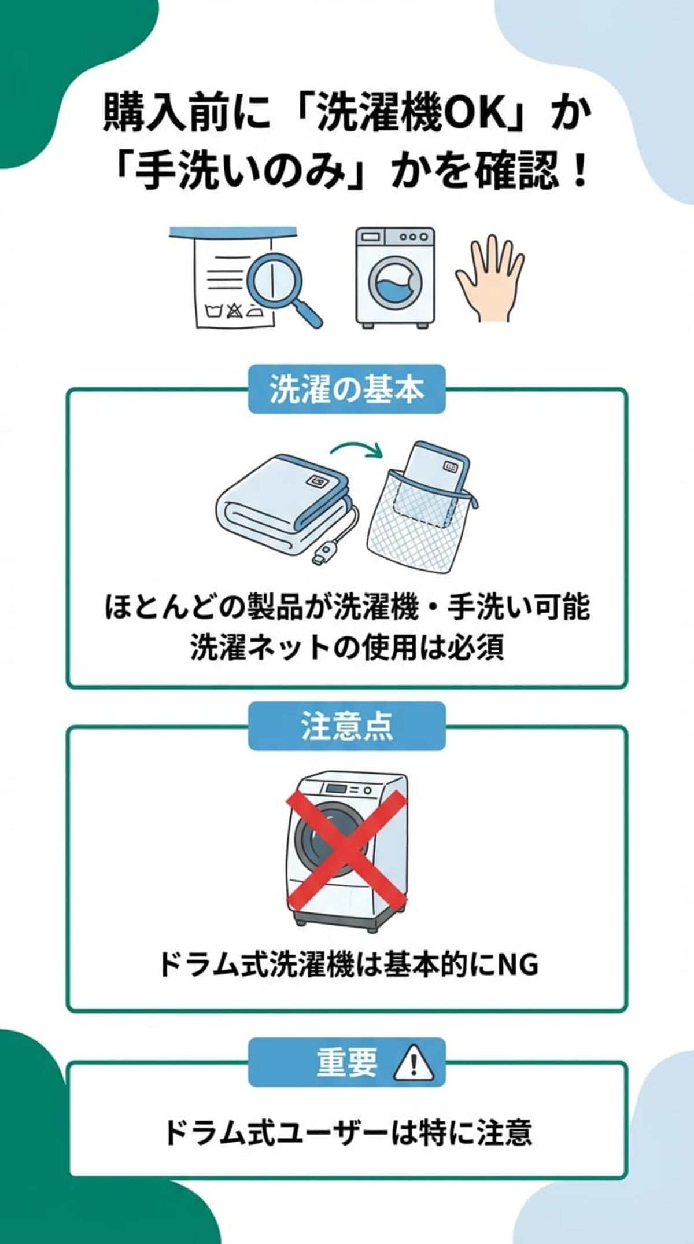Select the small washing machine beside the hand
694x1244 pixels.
pyautogui.click(x=395, y=278)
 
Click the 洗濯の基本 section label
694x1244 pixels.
pyautogui.click(x=346, y=389)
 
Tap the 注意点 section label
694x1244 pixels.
pyautogui.click(x=346, y=726)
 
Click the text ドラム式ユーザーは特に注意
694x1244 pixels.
pyautogui.click(x=347, y=1132)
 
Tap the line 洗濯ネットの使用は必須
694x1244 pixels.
pyautogui.click(x=347, y=647)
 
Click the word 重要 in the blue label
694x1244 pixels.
pyautogui.click(x=346, y=1062)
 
